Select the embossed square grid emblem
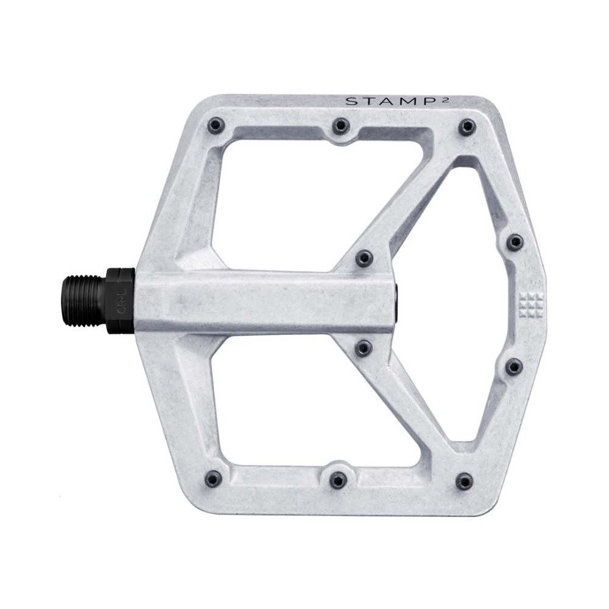coord(530,303)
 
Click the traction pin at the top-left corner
coord(216,126)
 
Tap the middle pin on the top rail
coord(340,127)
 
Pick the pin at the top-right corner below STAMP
coord(466,127)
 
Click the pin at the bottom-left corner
coord(213,479)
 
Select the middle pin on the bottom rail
coord(338,480)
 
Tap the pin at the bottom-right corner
coord(464,481)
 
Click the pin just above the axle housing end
coord(364,258)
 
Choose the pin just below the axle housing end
coord(364,348)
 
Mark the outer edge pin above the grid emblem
coord(515,242)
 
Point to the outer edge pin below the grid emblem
coord(514,367)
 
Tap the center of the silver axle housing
coord(265,303)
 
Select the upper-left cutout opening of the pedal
coord(274,195)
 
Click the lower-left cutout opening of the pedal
coord(274,408)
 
